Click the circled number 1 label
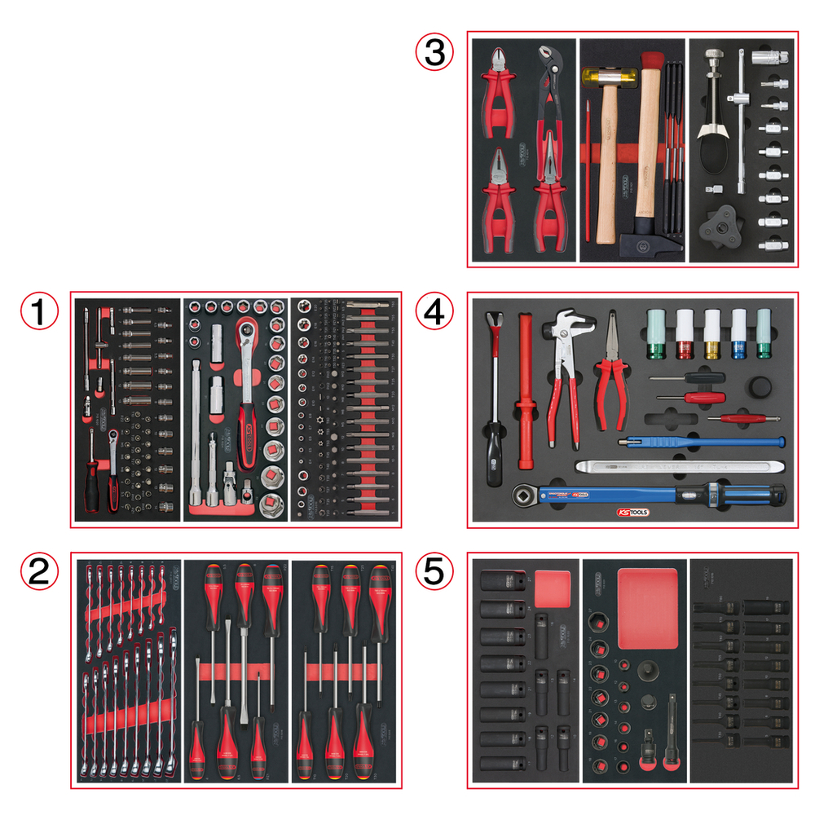point(38,311)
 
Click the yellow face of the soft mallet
point(585,78)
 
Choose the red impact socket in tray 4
point(683,336)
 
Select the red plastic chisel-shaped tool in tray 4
point(526,391)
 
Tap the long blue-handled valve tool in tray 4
point(701,443)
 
